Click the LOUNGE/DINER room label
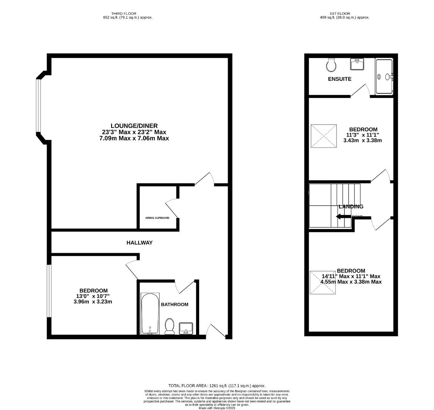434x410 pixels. (134, 126)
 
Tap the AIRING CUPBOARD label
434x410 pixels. (157, 218)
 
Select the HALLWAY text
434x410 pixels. (140, 243)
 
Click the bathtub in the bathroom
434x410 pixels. (150, 314)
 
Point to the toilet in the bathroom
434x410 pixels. (170, 326)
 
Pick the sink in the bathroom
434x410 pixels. (186, 328)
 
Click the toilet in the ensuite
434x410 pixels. (331, 65)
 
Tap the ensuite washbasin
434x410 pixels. (357, 65)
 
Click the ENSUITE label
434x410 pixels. (340, 79)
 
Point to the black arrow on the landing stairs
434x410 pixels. (343, 217)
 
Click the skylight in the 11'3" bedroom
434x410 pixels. (324, 136)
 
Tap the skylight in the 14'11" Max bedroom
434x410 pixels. (323, 282)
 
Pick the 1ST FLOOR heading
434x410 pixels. (345, 14)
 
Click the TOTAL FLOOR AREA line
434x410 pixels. (217, 386)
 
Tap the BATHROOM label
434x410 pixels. (175, 304)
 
